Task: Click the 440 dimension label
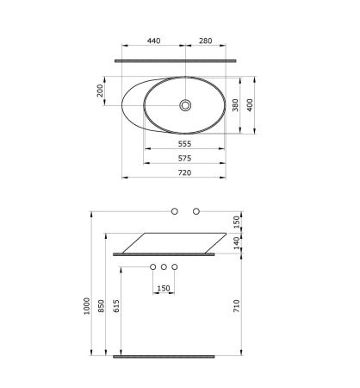click(153, 41)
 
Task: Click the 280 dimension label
click(206, 41)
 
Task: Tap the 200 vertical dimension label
click(100, 91)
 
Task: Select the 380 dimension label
click(235, 105)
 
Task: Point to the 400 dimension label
click(250, 105)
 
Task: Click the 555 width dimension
click(184, 144)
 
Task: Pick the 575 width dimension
click(184, 158)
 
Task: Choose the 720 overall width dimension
click(184, 172)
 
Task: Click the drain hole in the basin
click(185, 105)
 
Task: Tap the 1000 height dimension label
click(87, 306)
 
